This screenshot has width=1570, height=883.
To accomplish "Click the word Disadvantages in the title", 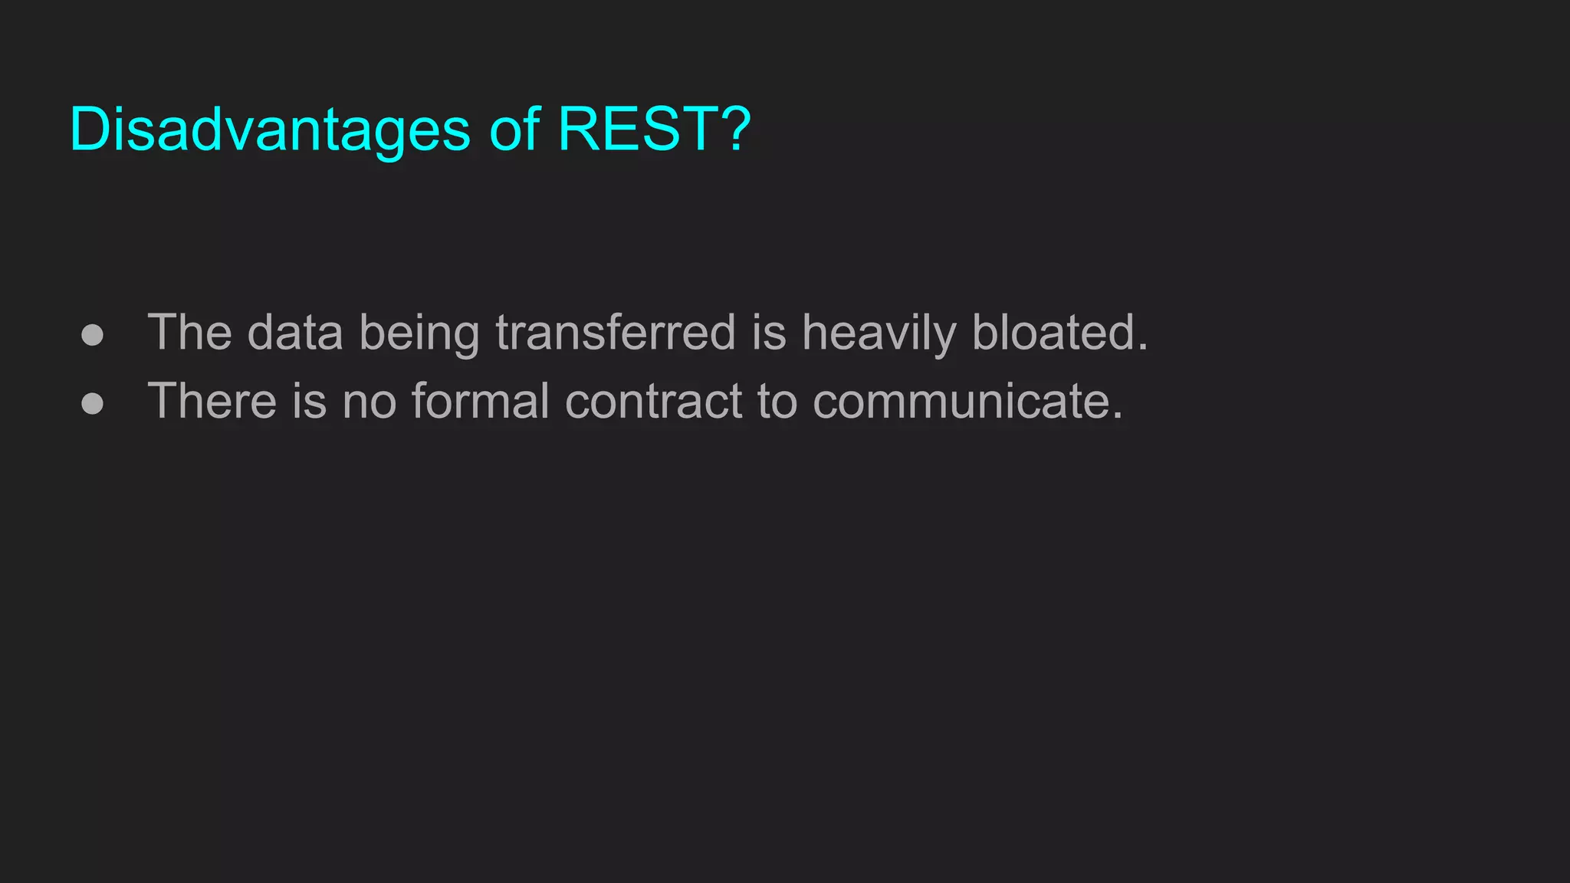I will (x=269, y=130).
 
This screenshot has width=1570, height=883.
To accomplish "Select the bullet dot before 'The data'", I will (x=92, y=335).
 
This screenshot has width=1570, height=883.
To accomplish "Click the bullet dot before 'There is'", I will (x=92, y=403).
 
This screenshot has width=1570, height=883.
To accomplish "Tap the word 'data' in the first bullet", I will (x=294, y=333).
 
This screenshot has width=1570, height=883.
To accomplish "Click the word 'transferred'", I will (x=616, y=333).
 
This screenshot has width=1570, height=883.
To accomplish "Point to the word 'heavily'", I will (x=879, y=334).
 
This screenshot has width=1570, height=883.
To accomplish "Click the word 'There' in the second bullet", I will (x=212, y=401).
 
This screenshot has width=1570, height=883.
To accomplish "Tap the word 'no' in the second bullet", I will (x=369, y=402).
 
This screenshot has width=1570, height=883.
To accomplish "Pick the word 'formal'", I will (x=480, y=401).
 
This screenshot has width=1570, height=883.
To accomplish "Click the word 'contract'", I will (x=653, y=401).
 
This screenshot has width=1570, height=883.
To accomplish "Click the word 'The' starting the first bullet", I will (x=189, y=333).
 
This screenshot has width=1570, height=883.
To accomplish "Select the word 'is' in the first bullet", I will (x=768, y=333).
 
